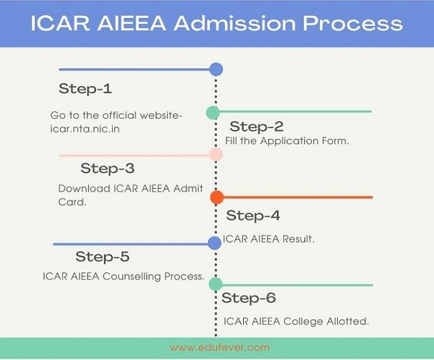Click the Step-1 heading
coord(85,88)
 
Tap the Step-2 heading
coord(257,127)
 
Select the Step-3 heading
coord(108,168)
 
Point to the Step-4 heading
coord(253,215)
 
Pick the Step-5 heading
coord(103,257)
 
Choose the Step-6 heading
coord(249,298)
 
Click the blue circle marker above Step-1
coord(216,69)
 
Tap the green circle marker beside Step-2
coord(213,113)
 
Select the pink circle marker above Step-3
coord(216,155)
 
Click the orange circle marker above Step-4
coord(217,197)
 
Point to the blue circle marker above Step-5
coord(215,243)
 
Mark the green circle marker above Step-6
coord(216,284)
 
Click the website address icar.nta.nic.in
coord(85,129)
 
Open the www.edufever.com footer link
coord(219,348)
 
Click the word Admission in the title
coord(235,23)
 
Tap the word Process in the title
coord(353,23)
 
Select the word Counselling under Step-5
coord(132,276)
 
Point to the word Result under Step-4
coord(298,239)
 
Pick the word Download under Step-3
coord(85,189)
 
